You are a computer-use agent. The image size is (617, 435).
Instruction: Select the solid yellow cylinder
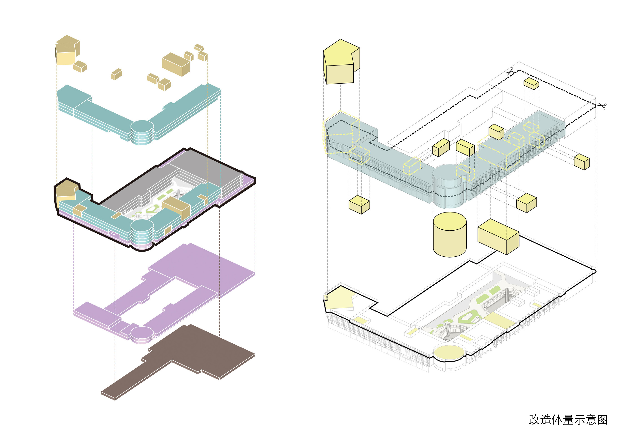[x=450, y=235]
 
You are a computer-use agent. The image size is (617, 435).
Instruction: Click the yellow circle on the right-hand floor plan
[x=449, y=353]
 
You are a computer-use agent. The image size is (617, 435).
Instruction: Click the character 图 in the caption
[x=602, y=420]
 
